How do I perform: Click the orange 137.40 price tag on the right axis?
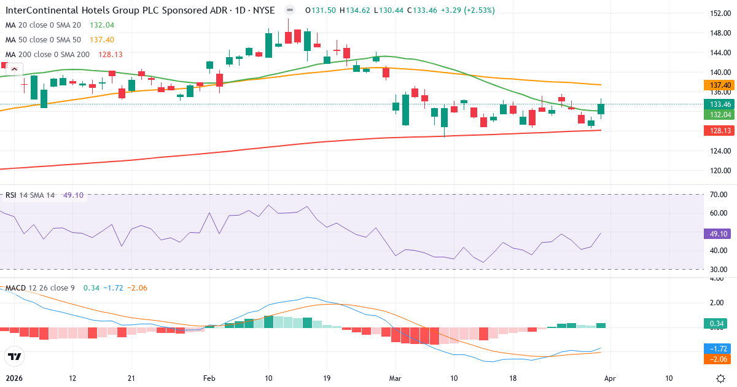[x=719, y=85]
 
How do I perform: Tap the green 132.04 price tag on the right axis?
[x=719, y=115]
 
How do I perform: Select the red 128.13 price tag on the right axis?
[x=719, y=130]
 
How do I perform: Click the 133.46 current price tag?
[x=719, y=104]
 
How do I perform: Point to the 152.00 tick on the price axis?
[x=719, y=14]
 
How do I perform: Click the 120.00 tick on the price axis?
[x=719, y=171]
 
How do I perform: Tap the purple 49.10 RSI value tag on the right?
[x=719, y=234]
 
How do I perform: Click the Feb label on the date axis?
[x=210, y=378]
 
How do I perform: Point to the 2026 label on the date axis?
[x=14, y=378]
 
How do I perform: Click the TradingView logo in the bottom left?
[x=14, y=356]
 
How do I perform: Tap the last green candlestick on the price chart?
[x=601, y=109]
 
